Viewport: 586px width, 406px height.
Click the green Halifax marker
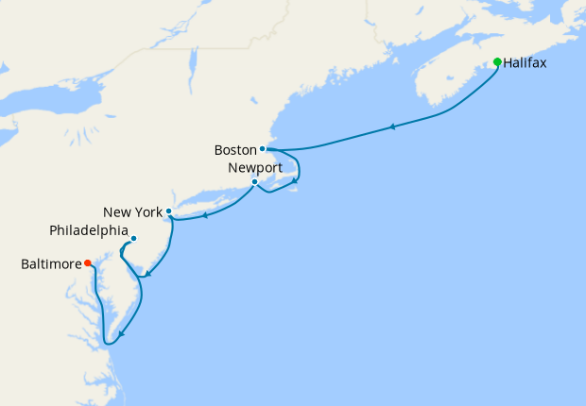coord(497,62)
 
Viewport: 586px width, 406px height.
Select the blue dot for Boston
coord(262,148)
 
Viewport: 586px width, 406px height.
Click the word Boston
coord(235,149)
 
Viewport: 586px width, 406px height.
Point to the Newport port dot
coord(254,181)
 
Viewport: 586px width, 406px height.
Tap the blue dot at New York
coord(168,211)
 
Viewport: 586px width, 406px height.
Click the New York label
coord(132,211)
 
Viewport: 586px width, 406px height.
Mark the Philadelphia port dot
coord(133,238)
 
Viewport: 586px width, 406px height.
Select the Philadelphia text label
coord(89,229)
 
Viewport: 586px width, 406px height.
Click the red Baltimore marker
coord(87,263)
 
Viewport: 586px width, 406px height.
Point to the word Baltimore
coord(51,265)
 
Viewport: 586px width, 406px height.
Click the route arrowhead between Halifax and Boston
coord(391,127)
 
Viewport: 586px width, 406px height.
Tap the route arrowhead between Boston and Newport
coord(296,179)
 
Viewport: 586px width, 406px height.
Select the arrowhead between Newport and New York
coord(205,214)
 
